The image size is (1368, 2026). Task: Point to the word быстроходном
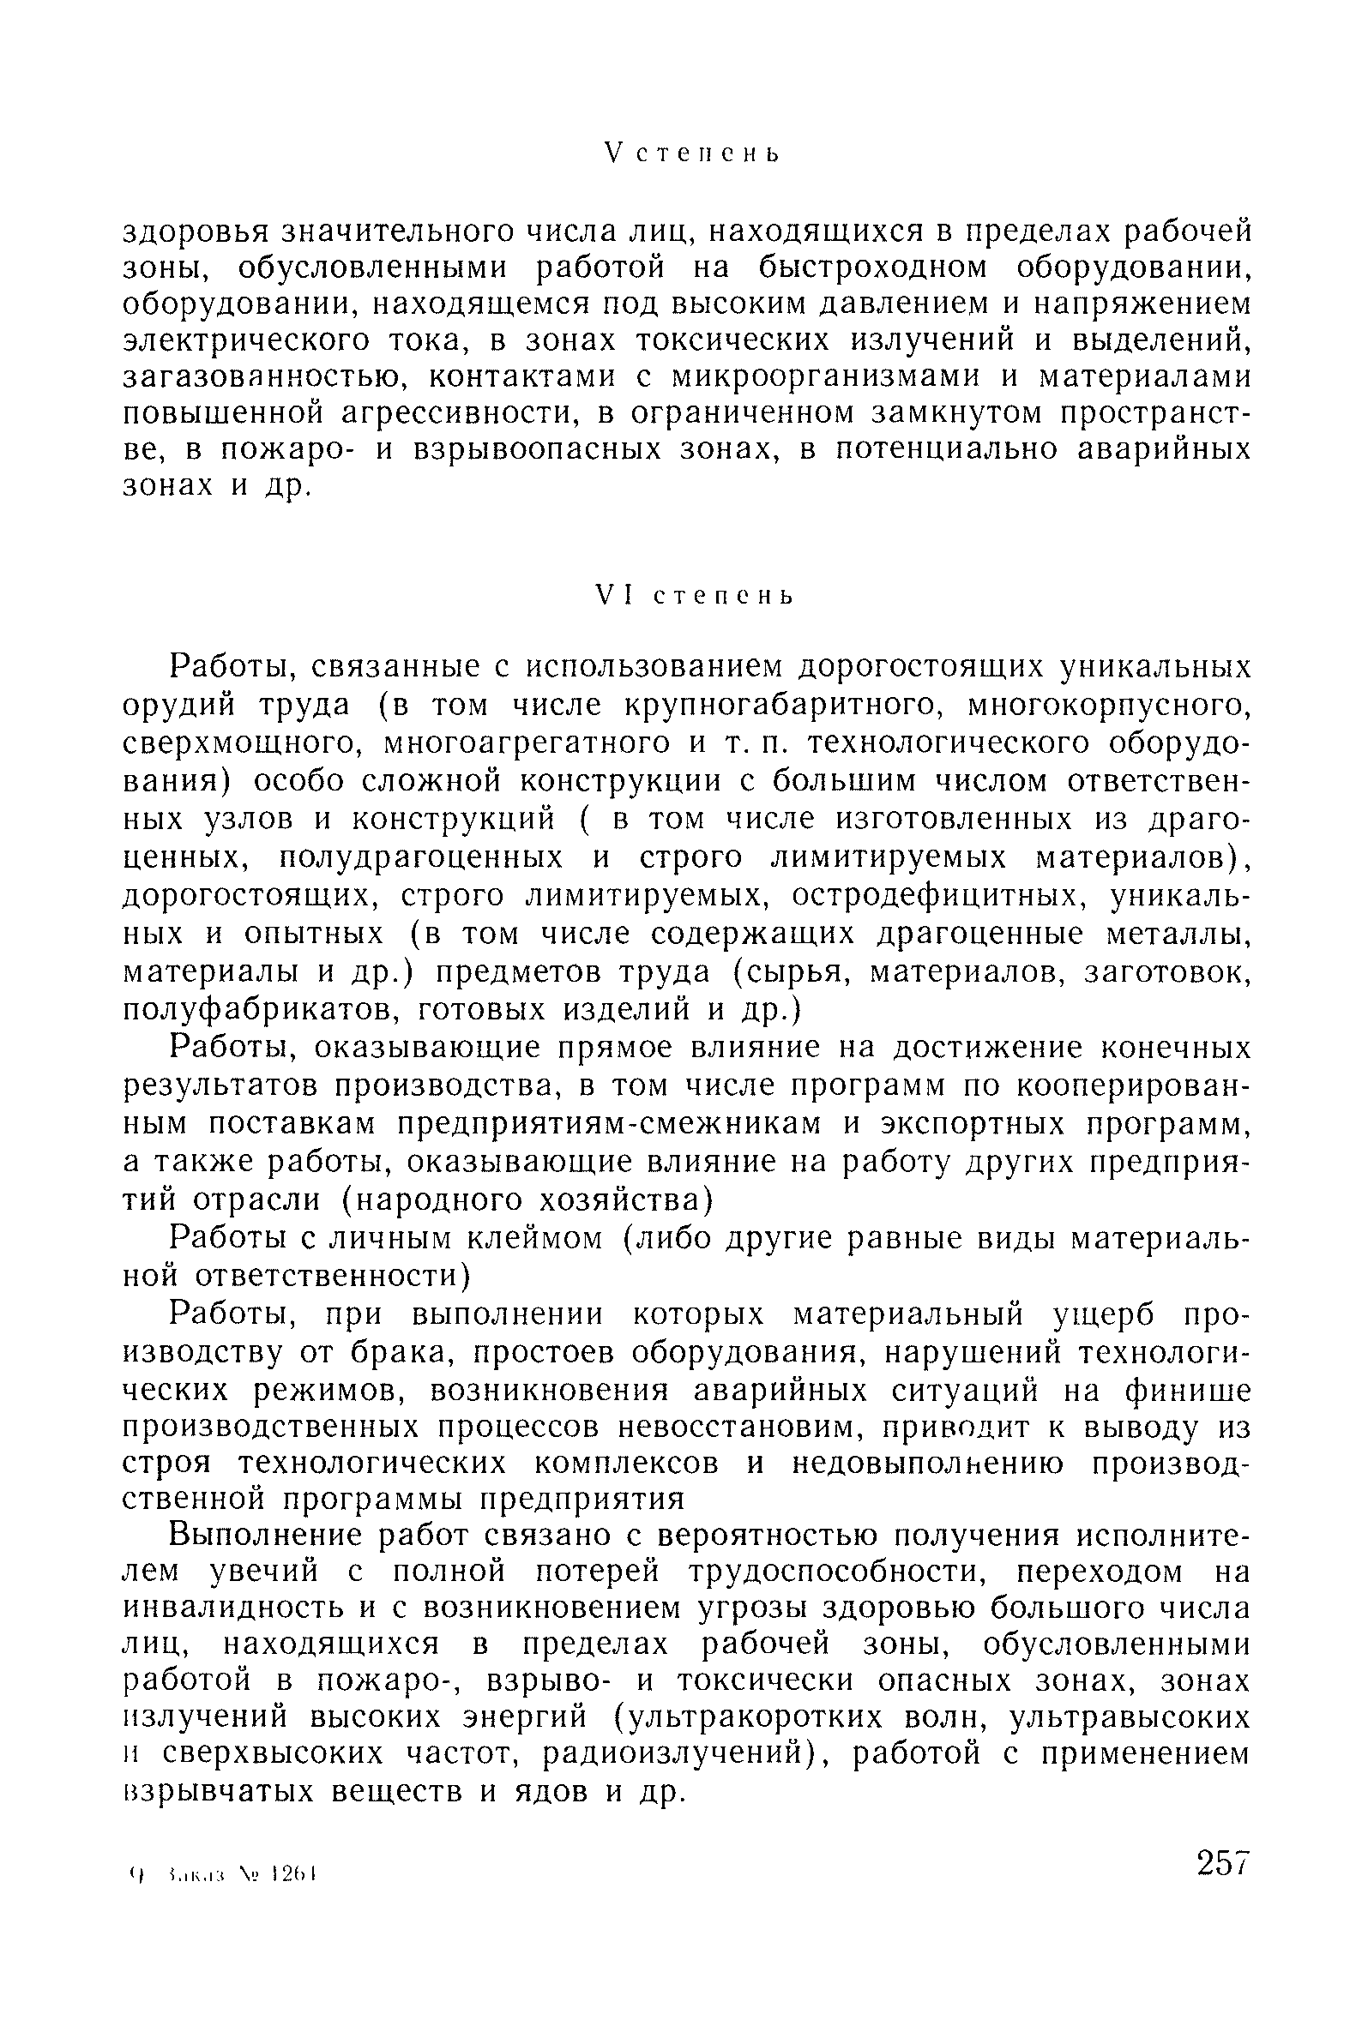point(871,268)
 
